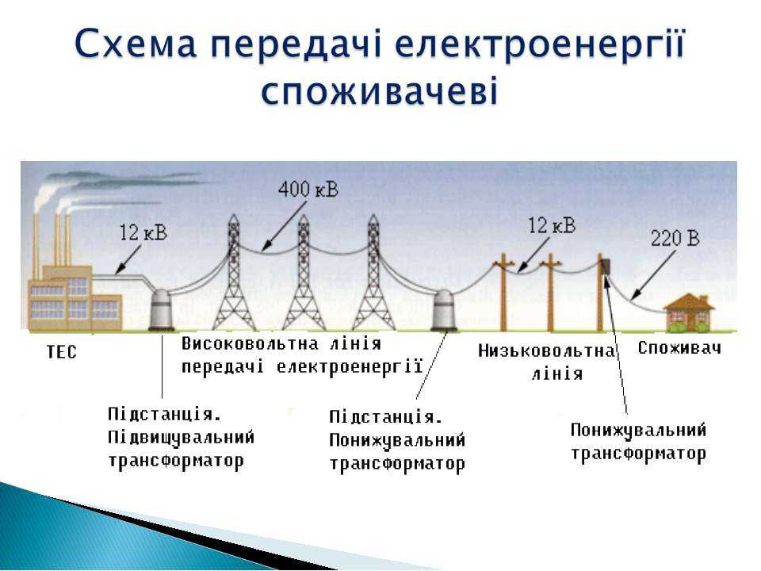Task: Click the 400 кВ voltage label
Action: click(308, 190)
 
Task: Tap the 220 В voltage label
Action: click(675, 239)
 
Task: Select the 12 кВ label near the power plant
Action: click(143, 233)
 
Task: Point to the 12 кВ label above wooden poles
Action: click(552, 225)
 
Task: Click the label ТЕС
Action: click(62, 352)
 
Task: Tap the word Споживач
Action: click(679, 348)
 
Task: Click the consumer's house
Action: click(688, 312)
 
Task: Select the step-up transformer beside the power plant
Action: click(161, 311)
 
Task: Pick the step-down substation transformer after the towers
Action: click(444, 311)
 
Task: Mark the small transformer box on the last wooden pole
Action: click(606, 266)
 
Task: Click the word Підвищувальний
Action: click(181, 437)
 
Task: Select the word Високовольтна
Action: click(250, 343)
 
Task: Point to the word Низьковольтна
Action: click(546, 351)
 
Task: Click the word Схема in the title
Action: click(136, 44)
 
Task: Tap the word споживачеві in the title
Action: click(380, 91)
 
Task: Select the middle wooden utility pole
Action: click(550, 293)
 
